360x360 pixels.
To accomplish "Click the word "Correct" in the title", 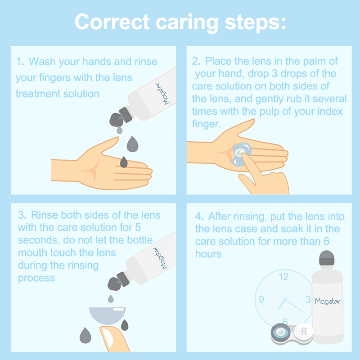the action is click(x=112, y=22).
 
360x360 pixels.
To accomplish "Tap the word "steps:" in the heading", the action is click(x=255, y=23).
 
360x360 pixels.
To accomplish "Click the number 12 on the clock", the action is click(x=284, y=277).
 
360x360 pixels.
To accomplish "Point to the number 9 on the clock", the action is click(x=261, y=299).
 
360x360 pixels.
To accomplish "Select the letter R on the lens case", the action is click(x=304, y=331).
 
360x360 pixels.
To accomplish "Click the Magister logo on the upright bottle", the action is click(x=328, y=301).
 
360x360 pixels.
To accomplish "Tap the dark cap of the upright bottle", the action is click(x=327, y=258).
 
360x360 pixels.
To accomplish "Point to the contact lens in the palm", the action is click(x=241, y=154).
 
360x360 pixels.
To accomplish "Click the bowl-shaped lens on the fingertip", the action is click(x=107, y=315).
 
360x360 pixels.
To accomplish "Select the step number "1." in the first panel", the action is click(x=20, y=62).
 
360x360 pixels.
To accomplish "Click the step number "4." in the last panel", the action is click(x=199, y=216).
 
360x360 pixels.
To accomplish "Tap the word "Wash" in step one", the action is click(x=42, y=62).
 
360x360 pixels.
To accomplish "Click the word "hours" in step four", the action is click(x=208, y=254).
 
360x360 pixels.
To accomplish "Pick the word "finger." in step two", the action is click(x=207, y=124).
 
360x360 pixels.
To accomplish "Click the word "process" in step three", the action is click(x=36, y=278).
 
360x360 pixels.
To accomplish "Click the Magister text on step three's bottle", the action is click(x=161, y=257).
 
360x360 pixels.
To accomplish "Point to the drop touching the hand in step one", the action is click(x=124, y=162).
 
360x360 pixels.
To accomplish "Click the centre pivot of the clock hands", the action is click(x=285, y=300).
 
